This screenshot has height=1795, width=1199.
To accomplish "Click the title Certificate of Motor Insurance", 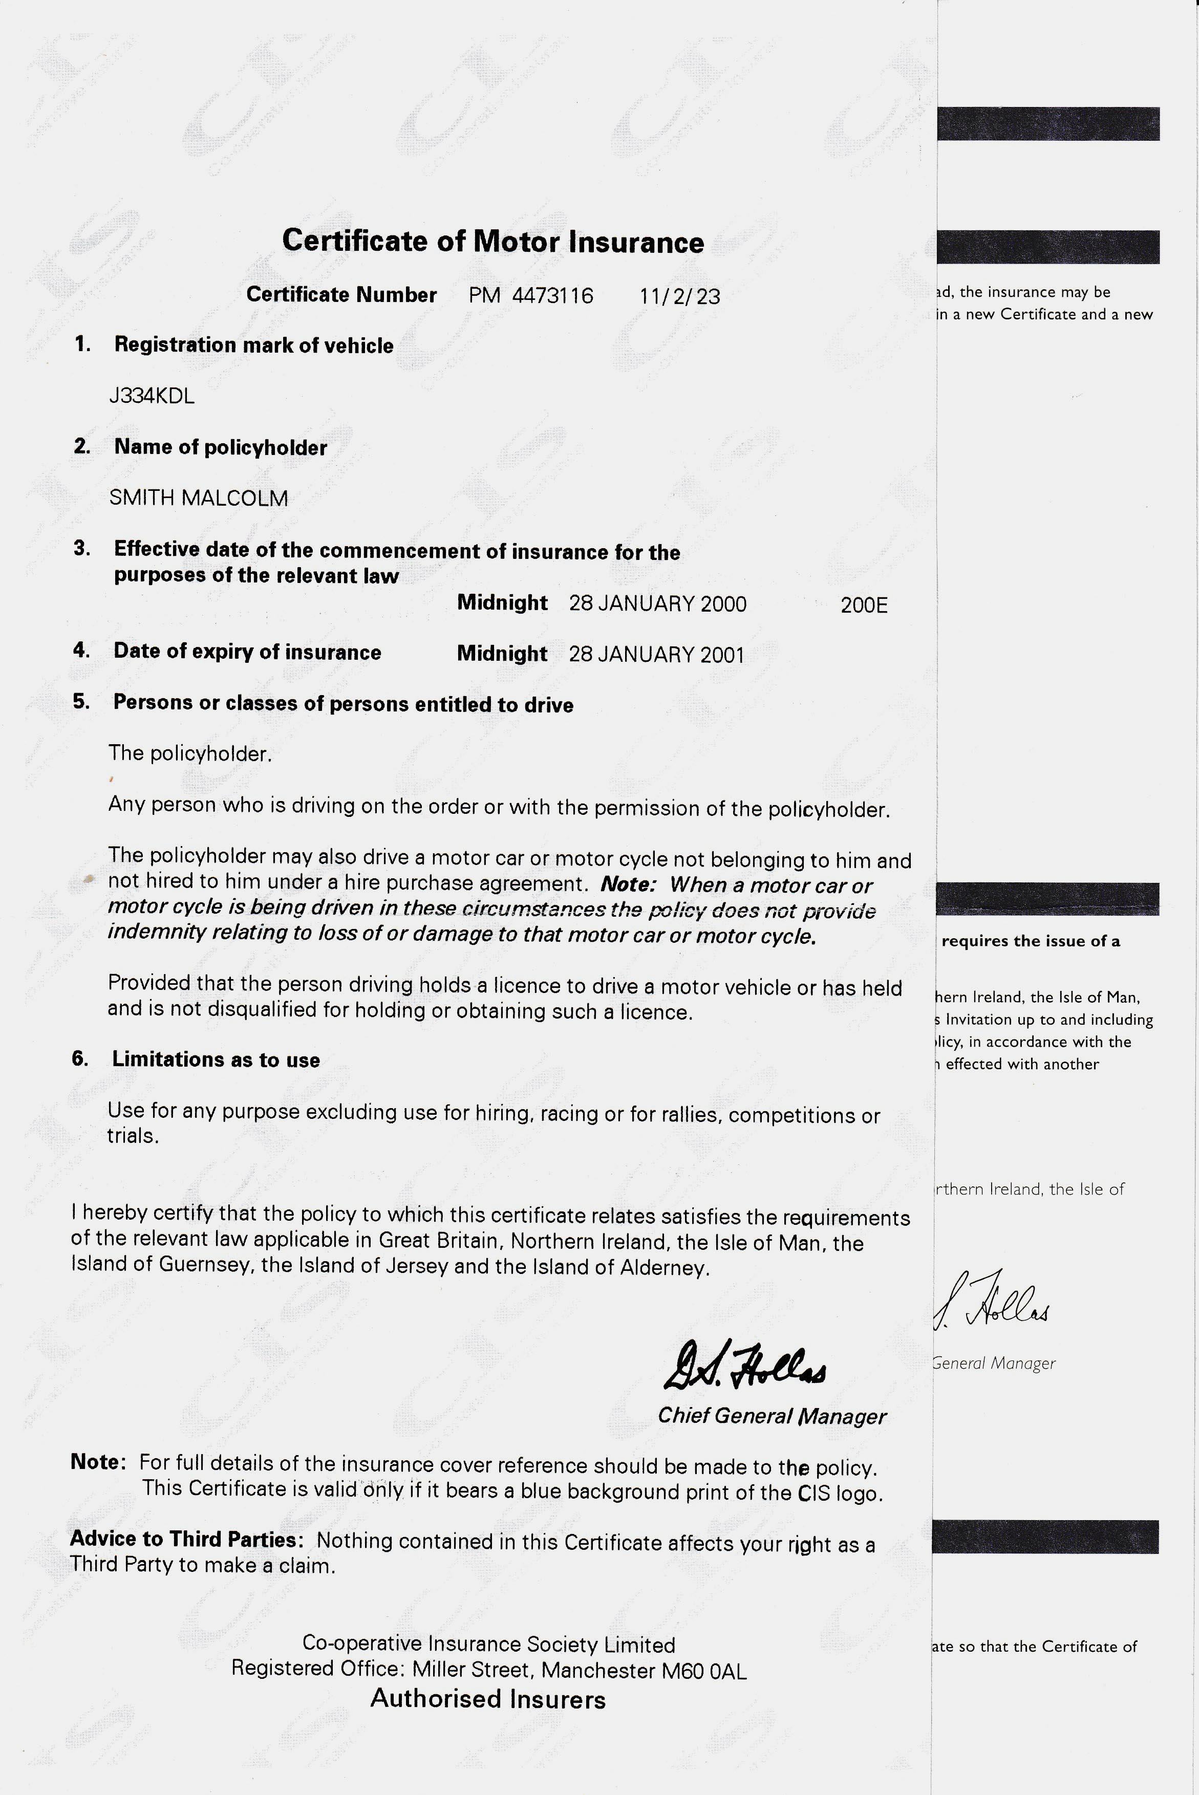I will pos(493,242).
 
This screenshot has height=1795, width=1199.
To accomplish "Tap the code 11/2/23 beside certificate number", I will pos(680,297).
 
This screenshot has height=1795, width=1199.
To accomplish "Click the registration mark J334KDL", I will pos(152,396).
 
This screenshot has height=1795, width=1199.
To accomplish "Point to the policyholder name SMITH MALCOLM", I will pos(199,499).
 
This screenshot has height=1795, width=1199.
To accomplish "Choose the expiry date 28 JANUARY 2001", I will pos(656,655).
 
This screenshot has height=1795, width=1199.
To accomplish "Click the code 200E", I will pos(864,605).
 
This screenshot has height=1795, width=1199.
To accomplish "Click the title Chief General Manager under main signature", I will pos(772,1417).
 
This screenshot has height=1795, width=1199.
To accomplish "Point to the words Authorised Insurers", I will pos(488,1699).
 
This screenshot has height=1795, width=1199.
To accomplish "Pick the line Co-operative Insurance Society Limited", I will pos(488,1645).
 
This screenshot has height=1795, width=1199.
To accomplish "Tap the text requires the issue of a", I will pos(1030,941).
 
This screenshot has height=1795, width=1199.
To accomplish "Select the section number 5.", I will pos(81,702).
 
